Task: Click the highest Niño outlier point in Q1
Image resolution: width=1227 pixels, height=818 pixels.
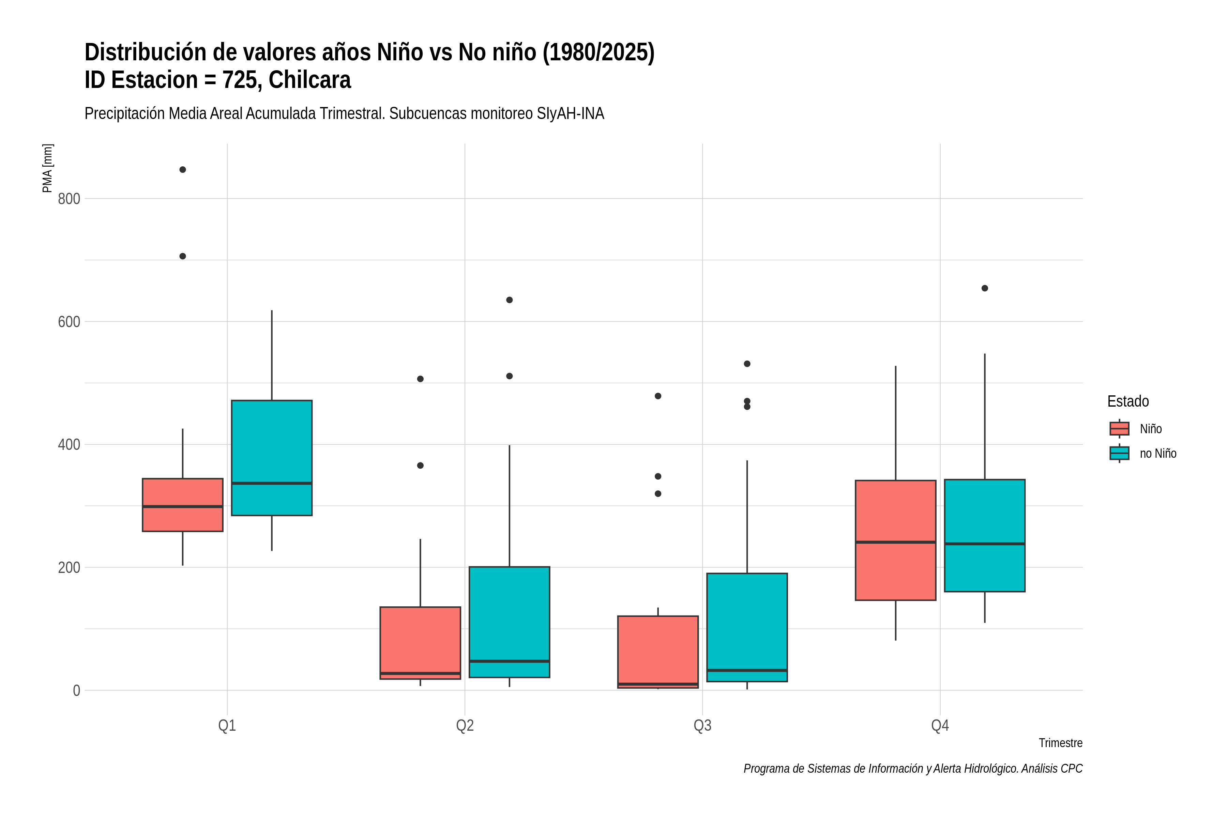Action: (183, 169)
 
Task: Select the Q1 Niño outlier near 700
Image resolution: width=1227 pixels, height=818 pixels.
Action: (183, 256)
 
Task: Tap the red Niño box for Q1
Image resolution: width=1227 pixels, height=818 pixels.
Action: (183, 505)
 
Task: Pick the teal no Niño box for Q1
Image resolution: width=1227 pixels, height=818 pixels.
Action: (272, 458)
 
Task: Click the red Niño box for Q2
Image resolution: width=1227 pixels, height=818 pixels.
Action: (421, 643)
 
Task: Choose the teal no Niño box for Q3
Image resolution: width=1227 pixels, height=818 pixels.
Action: (747, 627)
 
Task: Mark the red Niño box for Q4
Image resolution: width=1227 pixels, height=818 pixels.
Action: (896, 541)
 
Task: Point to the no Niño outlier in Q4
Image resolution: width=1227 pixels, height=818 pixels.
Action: (985, 288)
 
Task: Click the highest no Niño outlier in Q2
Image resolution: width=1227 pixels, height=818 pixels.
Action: (510, 300)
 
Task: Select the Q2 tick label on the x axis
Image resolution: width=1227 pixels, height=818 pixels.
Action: (465, 726)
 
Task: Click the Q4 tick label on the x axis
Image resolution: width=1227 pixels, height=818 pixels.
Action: (940, 726)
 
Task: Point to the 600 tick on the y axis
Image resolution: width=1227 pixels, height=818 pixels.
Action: (69, 322)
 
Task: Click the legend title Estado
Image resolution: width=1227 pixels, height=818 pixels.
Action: (1128, 401)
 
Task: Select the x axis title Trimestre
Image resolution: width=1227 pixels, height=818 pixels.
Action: (1061, 743)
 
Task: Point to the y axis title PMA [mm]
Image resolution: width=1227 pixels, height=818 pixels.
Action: (47, 168)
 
